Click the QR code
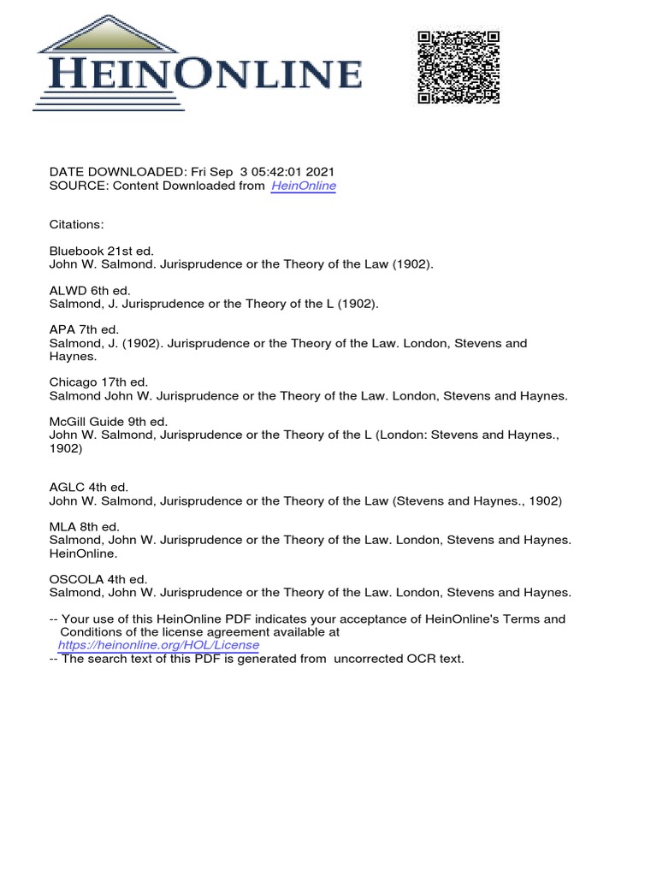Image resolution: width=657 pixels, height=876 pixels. [458, 67]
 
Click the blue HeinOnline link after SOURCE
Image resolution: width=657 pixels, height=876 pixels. [304, 186]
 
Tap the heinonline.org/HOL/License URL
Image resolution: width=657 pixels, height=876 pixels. [158, 645]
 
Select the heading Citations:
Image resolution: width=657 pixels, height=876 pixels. [77, 225]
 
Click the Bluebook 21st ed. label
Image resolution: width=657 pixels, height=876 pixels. [102, 252]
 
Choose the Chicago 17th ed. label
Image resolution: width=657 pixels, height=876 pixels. [99, 382]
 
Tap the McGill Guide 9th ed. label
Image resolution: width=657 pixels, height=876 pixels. [109, 422]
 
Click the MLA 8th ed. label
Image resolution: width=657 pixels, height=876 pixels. [85, 527]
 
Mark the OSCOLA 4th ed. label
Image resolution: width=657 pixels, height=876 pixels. [98, 579]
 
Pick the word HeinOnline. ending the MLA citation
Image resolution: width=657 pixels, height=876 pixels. [85, 553]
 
